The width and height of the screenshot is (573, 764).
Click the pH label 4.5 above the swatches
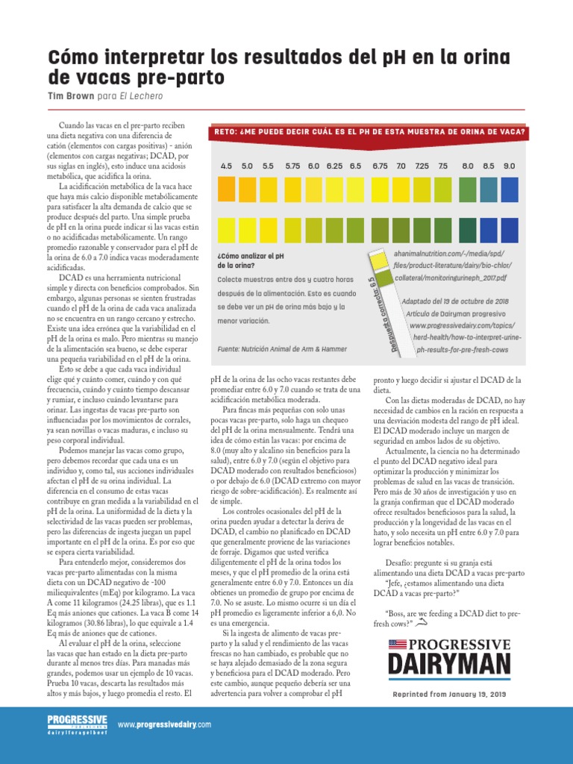(226, 165)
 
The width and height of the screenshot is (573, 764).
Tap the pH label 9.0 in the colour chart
(509, 165)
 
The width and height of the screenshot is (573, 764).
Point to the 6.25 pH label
(334, 165)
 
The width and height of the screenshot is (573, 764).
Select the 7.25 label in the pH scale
(422, 165)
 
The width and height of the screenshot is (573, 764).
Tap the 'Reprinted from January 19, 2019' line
(449, 694)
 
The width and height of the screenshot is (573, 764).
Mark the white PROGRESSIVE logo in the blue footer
(77, 720)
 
